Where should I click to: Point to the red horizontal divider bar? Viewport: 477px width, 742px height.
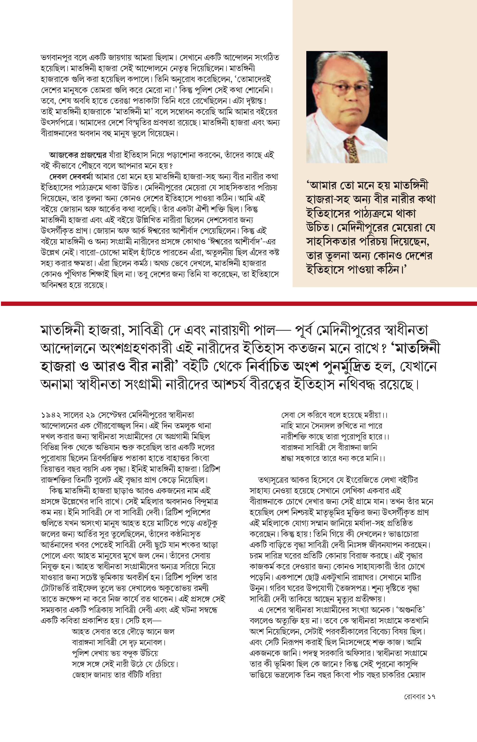coord(238,303)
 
